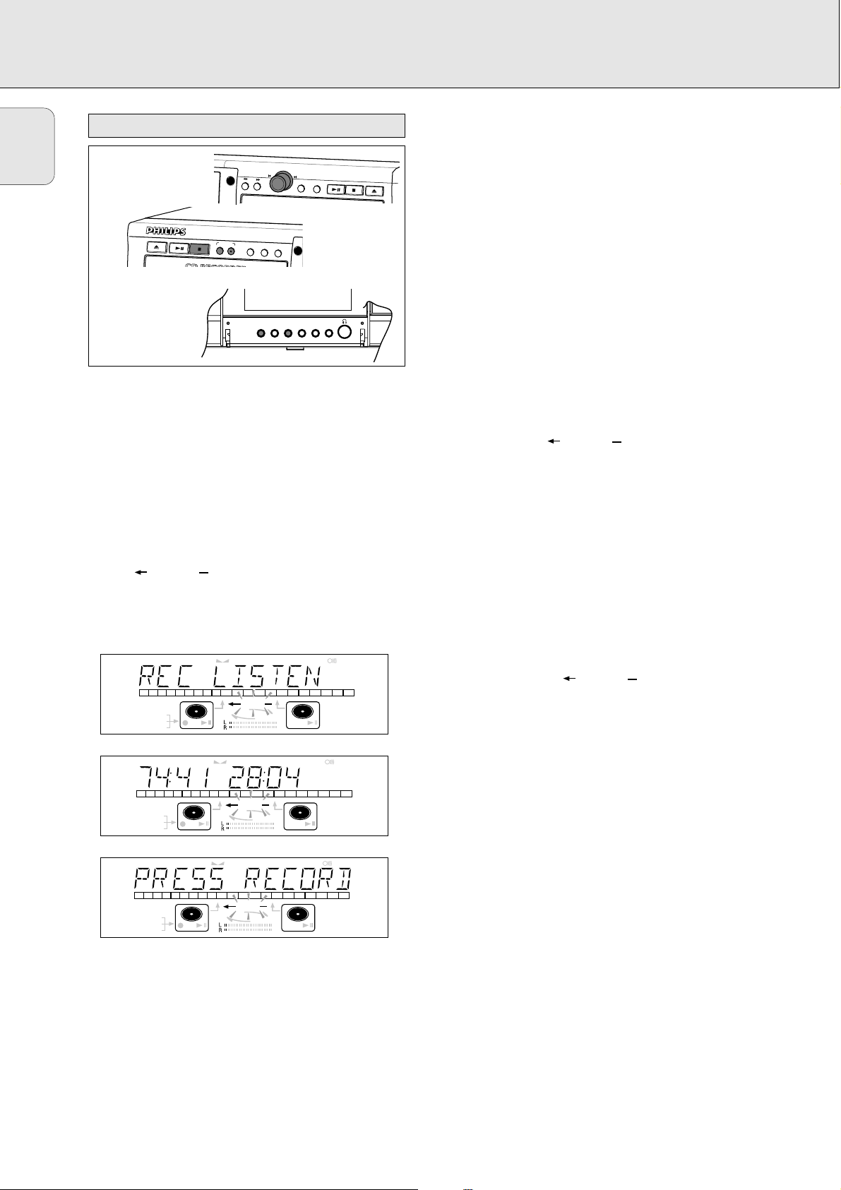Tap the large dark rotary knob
(280, 182)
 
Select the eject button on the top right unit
(376, 189)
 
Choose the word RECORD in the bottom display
(298, 880)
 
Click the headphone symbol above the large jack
(345, 319)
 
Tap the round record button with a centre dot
(230, 251)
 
